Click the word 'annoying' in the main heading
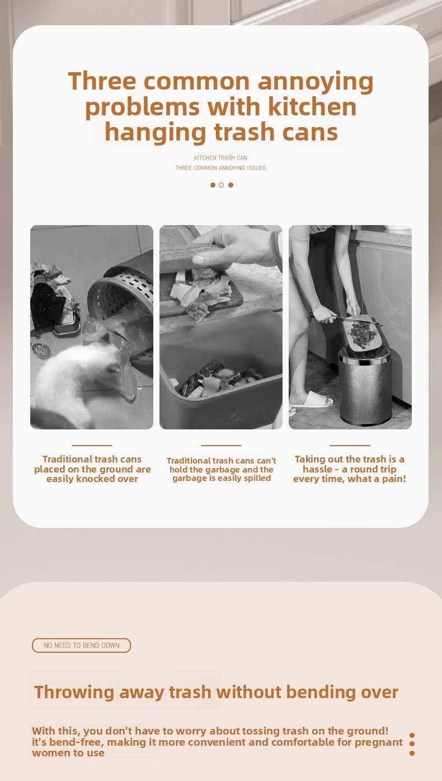pos(315,82)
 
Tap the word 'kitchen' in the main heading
pos(312,107)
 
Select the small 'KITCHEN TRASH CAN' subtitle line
pos(220,157)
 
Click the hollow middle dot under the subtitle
pos(221,185)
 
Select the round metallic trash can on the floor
pos(365,385)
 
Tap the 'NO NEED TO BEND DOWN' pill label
pos(82,646)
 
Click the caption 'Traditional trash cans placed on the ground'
pos(92,464)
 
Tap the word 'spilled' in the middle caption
pos(257,478)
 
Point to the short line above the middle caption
pos(221,446)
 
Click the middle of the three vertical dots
pos(412,743)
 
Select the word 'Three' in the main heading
pos(102,81)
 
